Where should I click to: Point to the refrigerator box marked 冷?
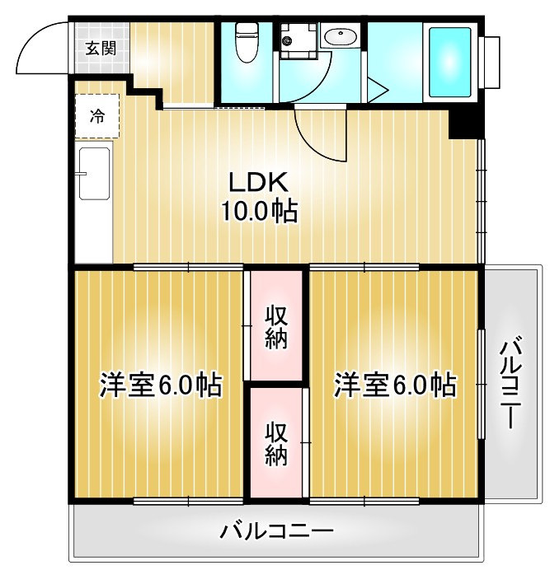(97, 115)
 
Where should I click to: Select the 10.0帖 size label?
(258, 213)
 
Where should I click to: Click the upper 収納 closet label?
(276, 327)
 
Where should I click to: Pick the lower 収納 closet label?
(276, 444)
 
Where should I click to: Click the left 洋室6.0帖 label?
(160, 385)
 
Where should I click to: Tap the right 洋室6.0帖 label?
(394, 385)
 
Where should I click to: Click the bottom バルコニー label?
(277, 531)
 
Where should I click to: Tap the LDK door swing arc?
(317, 136)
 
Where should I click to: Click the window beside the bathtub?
(491, 63)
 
